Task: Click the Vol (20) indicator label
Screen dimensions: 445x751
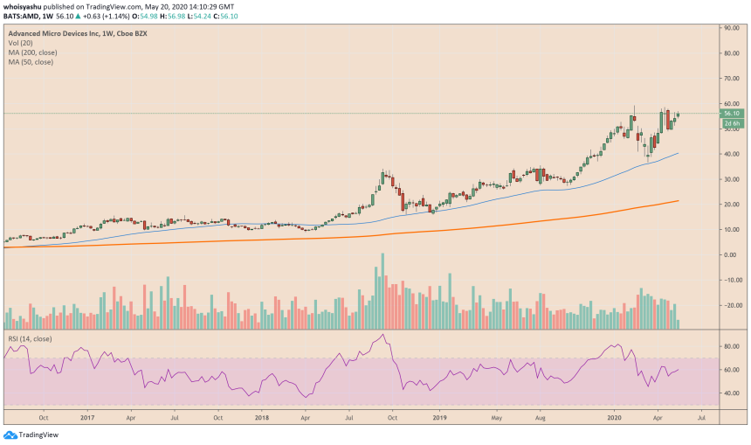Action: click(x=21, y=44)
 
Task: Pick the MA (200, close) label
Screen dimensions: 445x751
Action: click(x=34, y=52)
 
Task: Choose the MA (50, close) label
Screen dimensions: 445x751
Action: click(x=32, y=61)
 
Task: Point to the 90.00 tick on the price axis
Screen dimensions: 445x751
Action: click(x=732, y=28)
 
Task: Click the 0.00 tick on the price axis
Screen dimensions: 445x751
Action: click(x=730, y=254)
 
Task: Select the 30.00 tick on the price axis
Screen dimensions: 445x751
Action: click(x=732, y=179)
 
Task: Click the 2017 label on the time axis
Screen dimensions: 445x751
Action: click(x=86, y=418)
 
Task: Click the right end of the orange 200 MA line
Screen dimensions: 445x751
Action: click(x=679, y=201)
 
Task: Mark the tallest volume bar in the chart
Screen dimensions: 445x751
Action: click(x=382, y=290)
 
